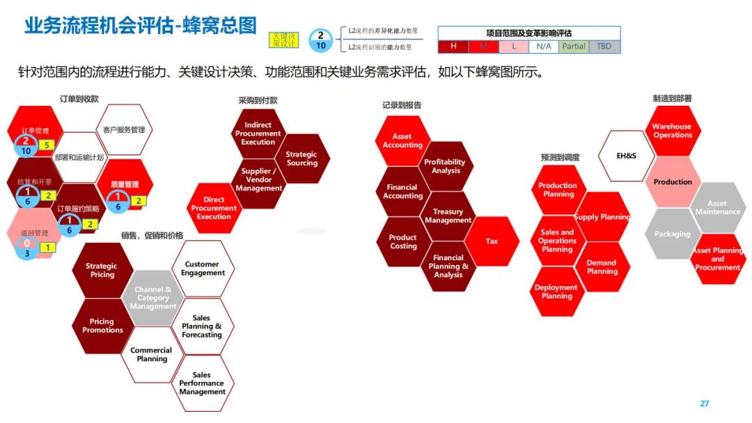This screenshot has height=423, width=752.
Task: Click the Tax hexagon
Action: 492,241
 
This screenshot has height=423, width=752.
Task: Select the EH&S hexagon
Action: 626,155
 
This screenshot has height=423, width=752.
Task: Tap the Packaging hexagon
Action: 672,234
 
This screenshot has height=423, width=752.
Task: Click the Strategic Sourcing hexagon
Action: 301,159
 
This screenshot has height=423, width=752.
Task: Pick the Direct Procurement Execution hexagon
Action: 214,208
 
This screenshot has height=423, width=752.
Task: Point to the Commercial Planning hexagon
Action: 152,355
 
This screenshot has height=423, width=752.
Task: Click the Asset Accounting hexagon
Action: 402,141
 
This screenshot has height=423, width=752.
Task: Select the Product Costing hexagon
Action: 403,241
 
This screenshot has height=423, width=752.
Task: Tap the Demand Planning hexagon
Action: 602,267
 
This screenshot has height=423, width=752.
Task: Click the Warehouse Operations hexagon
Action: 672,131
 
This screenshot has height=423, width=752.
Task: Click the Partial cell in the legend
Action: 574,47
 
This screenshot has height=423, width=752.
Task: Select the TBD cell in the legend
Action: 604,47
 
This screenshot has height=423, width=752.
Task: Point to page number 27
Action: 704,404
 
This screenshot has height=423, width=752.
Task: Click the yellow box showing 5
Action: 45,145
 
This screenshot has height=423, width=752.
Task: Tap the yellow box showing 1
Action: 47,247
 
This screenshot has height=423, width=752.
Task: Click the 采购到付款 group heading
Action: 258,100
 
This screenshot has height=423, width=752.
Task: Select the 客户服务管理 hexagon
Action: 123,129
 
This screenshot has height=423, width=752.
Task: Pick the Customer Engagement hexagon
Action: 203,269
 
